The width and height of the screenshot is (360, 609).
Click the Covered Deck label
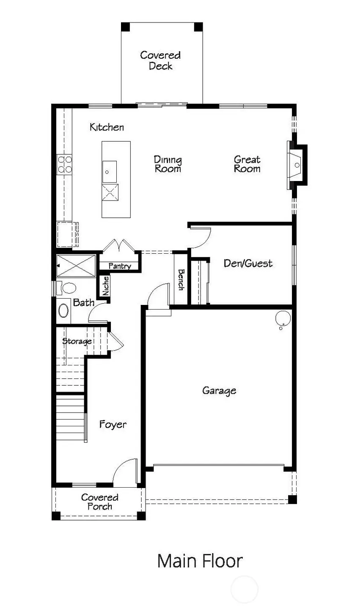pos(160,60)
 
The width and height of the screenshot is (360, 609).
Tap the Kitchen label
pos(107,127)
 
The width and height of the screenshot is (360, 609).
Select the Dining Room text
pos(168,164)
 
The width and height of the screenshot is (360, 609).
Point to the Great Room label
pos(247,164)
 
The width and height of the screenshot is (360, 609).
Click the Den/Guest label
pos(248,263)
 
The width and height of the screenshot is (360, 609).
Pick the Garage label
pos(219,390)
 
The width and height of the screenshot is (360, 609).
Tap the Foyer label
pos(113,424)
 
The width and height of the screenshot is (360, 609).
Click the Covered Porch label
pos(100,502)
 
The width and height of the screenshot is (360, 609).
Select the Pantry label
pos(120,266)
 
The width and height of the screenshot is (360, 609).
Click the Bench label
pos(181,280)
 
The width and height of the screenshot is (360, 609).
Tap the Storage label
pos(77,341)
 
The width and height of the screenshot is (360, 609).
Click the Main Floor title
pos(200,561)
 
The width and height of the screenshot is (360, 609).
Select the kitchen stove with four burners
pos(64,165)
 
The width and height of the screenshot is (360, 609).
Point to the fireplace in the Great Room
pos(296,165)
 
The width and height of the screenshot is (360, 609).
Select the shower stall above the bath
pos(77,266)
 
